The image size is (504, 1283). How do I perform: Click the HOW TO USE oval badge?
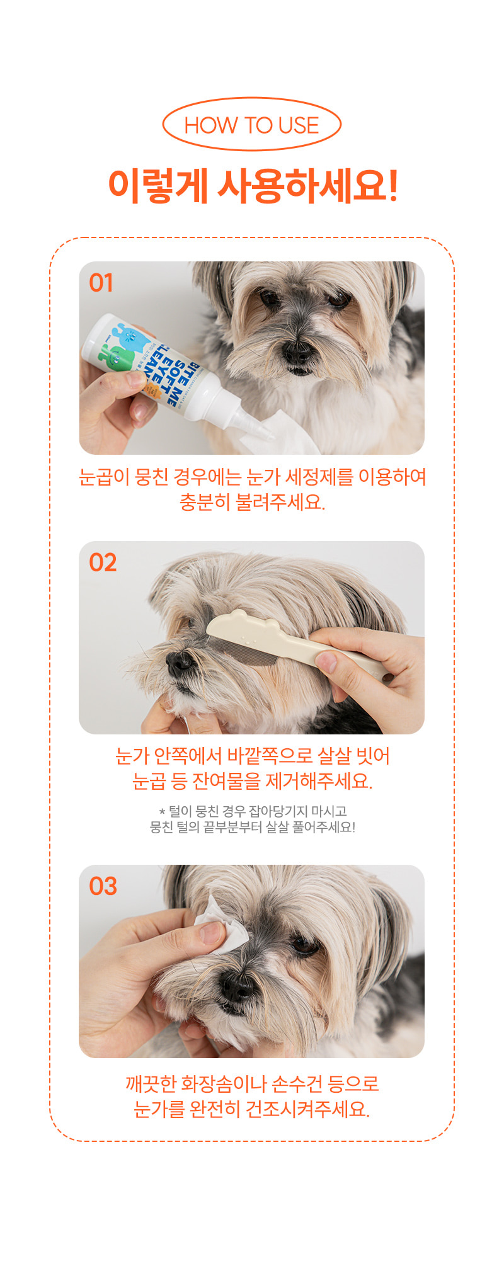click(x=251, y=124)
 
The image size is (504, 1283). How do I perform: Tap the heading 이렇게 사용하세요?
click(x=253, y=186)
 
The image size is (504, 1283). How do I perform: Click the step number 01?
click(x=101, y=283)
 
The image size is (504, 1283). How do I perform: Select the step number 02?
click(x=103, y=562)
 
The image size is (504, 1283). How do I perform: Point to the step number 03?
click(x=103, y=886)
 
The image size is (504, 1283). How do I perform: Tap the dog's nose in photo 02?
click(x=180, y=661)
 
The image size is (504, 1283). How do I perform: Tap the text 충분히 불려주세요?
click(x=252, y=502)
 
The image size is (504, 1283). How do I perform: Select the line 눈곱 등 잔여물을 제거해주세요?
click(x=252, y=781)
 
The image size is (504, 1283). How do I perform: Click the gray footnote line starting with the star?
click(x=253, y=811)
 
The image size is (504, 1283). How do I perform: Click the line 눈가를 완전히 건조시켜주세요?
click(x=252, y=1109)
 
